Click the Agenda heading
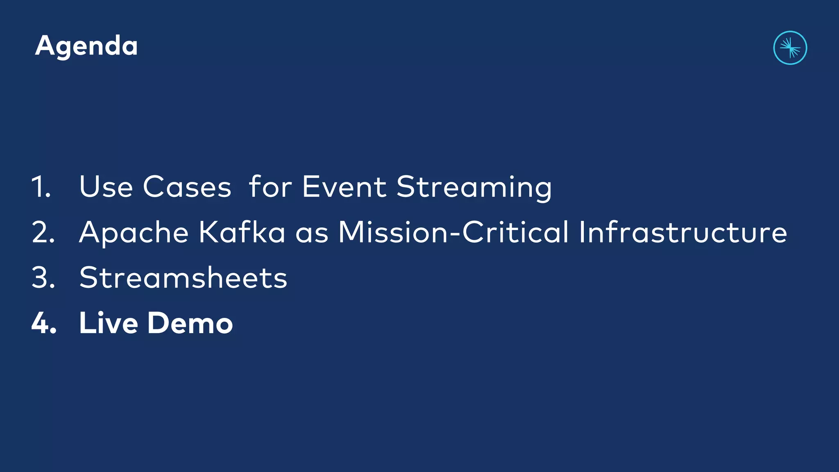click(x=86, y=46)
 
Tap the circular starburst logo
click(x=790, y=48)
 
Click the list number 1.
click(x=41, y=187)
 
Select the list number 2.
click(x=43, y=232)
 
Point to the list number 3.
click(x=43, y=278)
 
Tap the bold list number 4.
click(x=44, y=323)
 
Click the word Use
click(x=106, y=187)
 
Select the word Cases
click(x=187, y=187)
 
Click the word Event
click(x=344, y=187)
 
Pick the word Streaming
click(x=474, y=188)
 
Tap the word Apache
click(x=134, y=233)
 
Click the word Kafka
click(x=242, y=232)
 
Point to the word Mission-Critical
click(x=453, y=232)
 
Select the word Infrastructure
click(x=683, y=232)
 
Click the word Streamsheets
click(x=183, y=278)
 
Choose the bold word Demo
click(x=190, y=323)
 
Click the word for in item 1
click(x=270, y=187)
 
